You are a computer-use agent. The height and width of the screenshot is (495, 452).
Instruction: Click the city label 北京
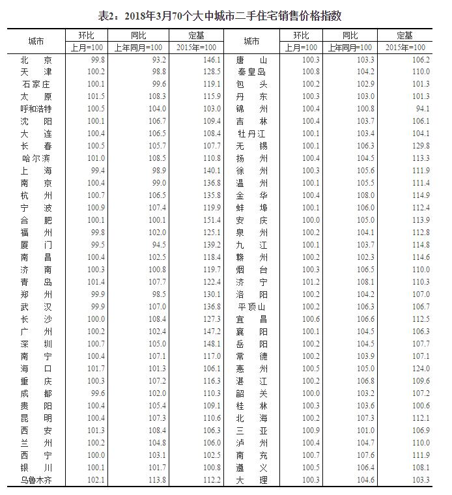(36, 59)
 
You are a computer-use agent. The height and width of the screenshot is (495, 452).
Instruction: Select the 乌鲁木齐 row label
(36, 480)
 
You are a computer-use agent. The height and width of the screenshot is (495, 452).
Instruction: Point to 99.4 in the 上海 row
(97, 170)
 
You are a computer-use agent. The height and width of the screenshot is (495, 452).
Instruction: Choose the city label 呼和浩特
(36, 109)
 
